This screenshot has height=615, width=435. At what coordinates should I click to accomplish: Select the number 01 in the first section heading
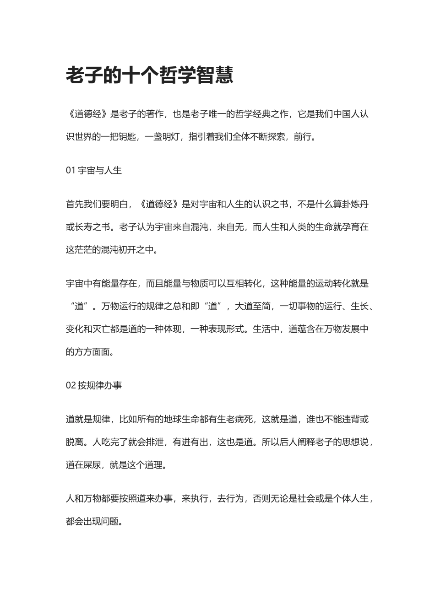pyautogui.click(x=71, y=171)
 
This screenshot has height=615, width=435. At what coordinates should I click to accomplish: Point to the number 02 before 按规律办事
pyautogui.click(x=71, y=385)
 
